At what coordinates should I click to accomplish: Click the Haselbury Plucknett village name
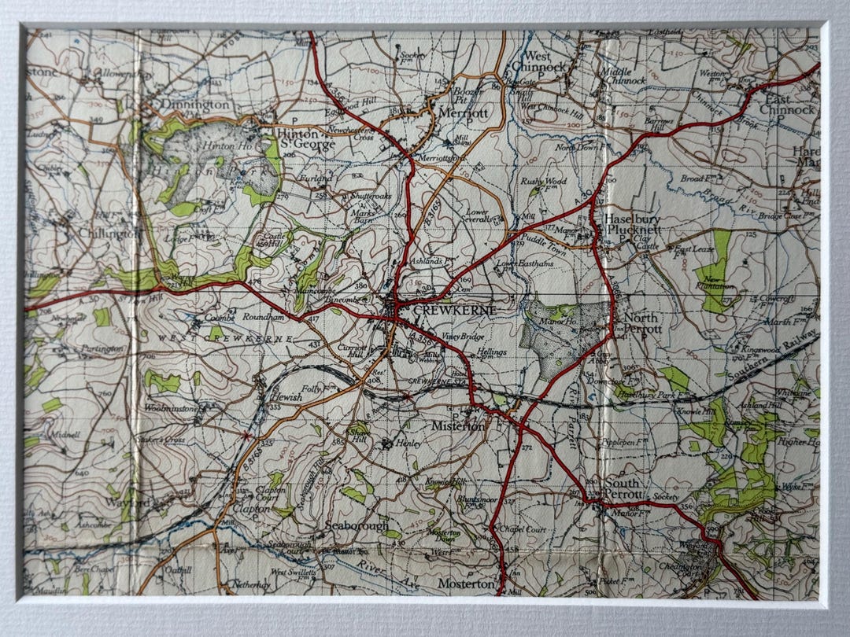pyautogui.click(x=634, y=224)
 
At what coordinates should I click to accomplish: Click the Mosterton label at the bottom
pyautogui.click(x=464, y=584)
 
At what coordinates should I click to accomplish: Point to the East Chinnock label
pyautogui.click(x=790, y=105)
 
